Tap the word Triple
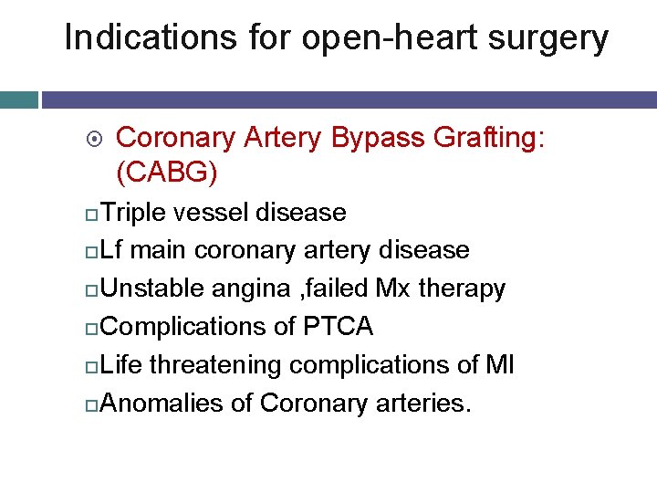click(134, 214)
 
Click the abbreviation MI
click(499, 365)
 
